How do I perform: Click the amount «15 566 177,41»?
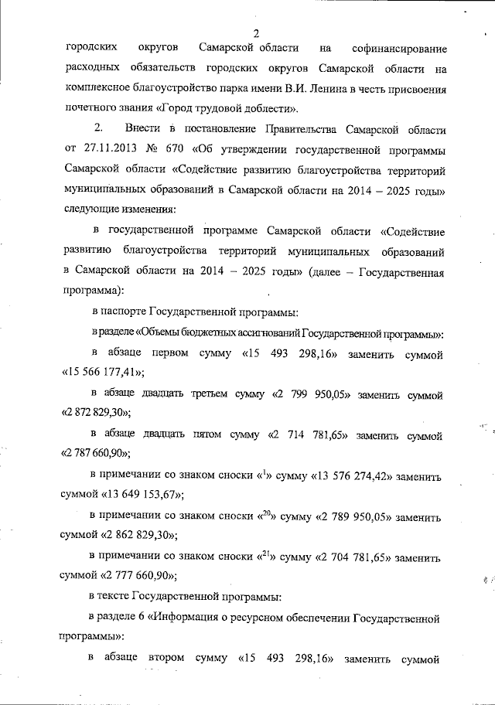[x=103, y=373]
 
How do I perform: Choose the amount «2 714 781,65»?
[x=307, y=434]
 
